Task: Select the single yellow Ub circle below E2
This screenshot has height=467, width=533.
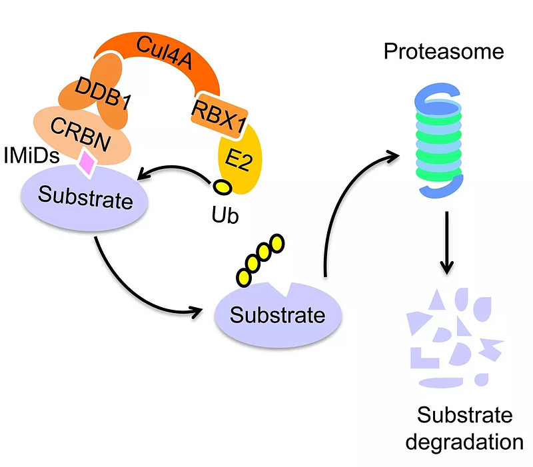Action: pos(222,188)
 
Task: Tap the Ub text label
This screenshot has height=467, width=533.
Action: pos(223,217)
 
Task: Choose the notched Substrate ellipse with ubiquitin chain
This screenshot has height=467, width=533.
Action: pos(279,314)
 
